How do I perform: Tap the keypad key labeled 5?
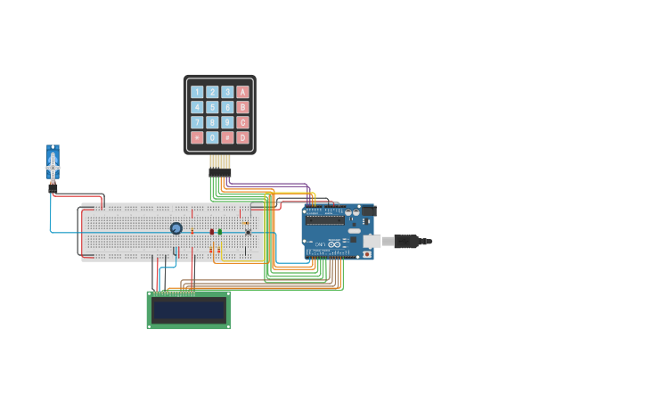[x=212, y=107]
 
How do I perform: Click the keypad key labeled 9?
[x=227, y=122]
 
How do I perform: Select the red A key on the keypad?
[x=242, y=92]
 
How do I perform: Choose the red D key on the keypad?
[x=242, y=137]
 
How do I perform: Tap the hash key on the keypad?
[x=227, y=137]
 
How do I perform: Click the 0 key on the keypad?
[x=212, y=137]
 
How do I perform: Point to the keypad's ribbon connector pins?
[x=220, y=163]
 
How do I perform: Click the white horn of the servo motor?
[x=53, y=167]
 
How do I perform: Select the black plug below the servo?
[x=53, y=188]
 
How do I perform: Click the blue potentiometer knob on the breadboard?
[x=176, y=228]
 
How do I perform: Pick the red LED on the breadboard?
[x=212, y=232]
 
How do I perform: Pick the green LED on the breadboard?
[x=220, y=232]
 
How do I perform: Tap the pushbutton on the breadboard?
[x=248, y=233]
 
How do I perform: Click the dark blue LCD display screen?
[x=188, y=309]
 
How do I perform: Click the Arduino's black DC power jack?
[x=368, y=211]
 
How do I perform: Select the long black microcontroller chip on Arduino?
[x=325, y=219]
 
